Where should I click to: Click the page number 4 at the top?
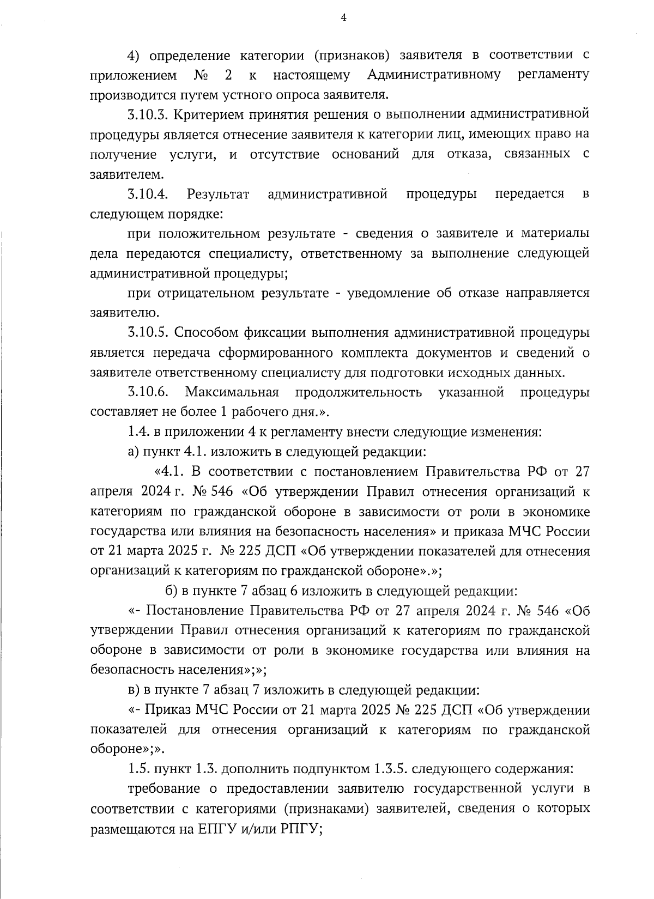pos(343,17)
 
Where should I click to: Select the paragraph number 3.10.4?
pos(147,194)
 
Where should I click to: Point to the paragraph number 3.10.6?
pos(147,392)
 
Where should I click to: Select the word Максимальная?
pos(232,392)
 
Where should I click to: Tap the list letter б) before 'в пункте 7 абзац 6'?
pos(171,591)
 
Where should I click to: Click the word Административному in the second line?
pos(434,74)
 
